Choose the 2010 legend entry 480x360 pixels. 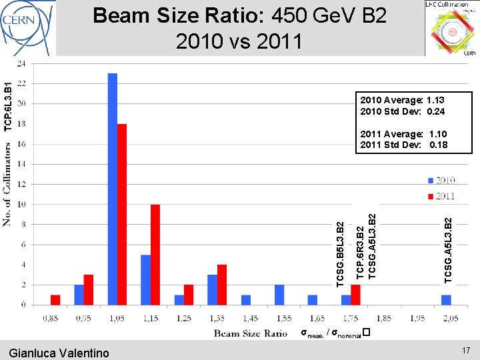(x=442, y=180)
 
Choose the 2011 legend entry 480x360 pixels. (x=442, y=195)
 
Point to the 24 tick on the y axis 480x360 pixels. (x=21, y=63)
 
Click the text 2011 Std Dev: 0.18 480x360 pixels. (x=403, y=145)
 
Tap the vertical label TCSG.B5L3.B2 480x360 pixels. (x=341, y=254)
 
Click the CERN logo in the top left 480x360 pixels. (x=28, y=27)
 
